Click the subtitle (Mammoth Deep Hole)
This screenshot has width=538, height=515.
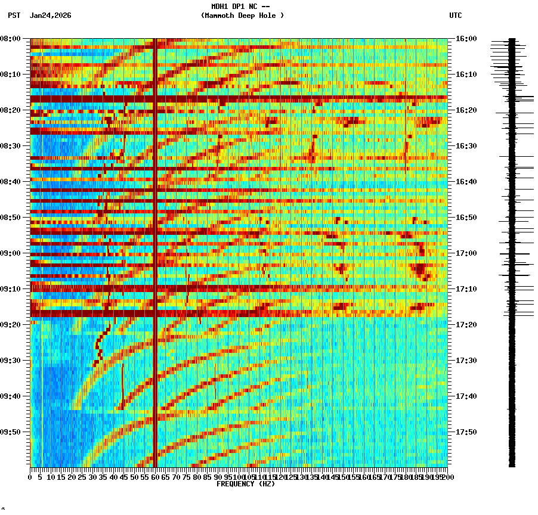(242, 15)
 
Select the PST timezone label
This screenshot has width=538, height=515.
(14, 15)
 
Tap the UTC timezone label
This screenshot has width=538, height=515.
(456, 15)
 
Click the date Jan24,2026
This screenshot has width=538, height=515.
(50, 15)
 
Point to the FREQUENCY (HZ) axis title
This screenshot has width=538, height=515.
(245, 484)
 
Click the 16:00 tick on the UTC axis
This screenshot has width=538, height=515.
(466, 39)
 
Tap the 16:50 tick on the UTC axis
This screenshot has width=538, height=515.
(466, 218)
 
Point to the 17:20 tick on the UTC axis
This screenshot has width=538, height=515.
(466, 325)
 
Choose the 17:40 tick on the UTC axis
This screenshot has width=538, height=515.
(466, 396)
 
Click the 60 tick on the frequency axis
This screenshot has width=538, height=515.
(155, 477)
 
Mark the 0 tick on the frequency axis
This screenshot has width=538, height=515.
(30, 477)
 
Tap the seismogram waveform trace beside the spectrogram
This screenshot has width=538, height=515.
(512, 250)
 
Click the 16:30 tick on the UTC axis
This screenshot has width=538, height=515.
(466, 146)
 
